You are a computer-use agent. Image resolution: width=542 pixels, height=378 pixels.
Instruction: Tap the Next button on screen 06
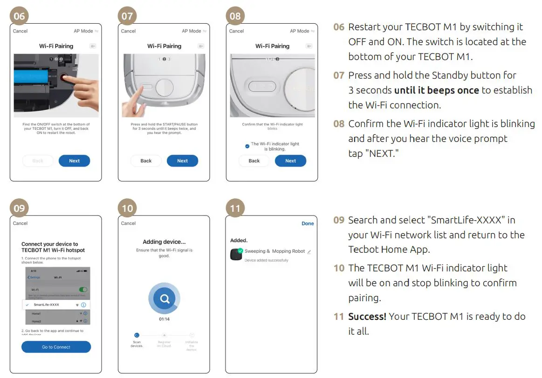click(74, 161)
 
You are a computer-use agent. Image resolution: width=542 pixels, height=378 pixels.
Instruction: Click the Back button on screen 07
click(146, 161)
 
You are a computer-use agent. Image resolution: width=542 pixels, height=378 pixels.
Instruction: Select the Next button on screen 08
click(290, 161)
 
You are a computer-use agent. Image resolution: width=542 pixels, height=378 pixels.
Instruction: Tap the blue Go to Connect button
click(56, 347)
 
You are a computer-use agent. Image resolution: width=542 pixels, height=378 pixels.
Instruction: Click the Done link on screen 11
click(308, 223)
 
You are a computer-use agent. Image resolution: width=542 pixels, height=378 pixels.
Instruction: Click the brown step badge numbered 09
click(19, 208)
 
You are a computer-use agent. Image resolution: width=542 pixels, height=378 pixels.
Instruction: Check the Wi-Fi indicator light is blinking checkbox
click(247, 146)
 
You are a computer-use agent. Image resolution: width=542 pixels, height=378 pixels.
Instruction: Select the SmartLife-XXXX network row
click(56, 304)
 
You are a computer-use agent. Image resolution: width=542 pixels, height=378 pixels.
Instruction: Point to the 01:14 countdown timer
click(164, 319)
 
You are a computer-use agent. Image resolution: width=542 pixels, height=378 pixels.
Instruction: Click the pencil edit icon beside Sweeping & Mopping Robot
click(309, 252)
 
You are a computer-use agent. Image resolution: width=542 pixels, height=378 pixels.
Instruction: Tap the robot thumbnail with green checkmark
click(236, 254)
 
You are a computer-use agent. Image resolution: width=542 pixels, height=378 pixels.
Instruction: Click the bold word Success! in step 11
click(367, 317)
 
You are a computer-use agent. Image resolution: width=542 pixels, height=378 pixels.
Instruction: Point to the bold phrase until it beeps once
click(436, 90)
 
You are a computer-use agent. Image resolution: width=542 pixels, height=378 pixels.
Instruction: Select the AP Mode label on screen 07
click(191, 31)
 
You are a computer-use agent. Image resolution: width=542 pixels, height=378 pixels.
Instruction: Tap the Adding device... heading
click(164, 242)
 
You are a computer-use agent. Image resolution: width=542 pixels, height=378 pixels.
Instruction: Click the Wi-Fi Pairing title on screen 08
click(272, 46)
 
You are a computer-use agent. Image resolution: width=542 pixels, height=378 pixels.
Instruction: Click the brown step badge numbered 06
click(19, 16)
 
